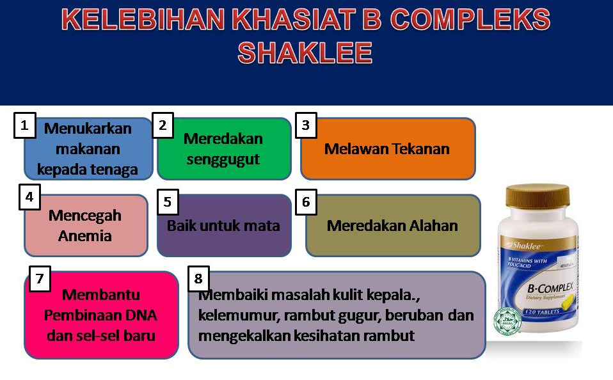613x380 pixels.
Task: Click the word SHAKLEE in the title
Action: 305,53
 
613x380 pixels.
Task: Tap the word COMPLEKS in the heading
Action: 470,20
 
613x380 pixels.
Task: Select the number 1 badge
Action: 24,125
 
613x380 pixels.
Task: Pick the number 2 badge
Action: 163,125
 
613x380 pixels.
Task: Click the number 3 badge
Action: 306,125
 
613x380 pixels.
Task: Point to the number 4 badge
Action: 29,197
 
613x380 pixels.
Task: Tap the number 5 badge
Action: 167,202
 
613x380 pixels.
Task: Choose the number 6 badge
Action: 306,202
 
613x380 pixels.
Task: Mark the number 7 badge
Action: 40,279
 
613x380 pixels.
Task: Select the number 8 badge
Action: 198,278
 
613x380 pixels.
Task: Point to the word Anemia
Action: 85,235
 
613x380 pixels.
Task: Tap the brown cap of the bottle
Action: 537,196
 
